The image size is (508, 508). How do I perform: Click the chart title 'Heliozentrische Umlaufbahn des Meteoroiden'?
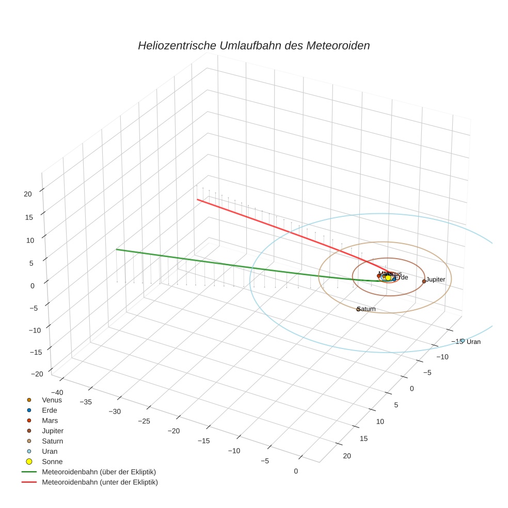point(253,45)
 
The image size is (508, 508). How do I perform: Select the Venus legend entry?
point(52,400)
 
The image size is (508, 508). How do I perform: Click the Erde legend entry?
point(49,410)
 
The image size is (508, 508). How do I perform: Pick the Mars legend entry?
point(50,420)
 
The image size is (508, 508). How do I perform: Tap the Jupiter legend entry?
point(53,431)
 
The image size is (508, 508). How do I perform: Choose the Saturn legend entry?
point(52,441)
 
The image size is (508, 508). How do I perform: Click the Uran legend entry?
point(49,451)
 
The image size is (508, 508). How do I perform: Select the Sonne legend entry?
point(52,462)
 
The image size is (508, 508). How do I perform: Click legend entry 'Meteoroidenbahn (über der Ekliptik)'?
point(99,472)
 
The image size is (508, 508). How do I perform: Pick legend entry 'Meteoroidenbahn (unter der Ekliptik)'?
point(100,482)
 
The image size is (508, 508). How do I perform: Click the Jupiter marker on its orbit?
point(424,281)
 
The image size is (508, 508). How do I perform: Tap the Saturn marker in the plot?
point(358,309)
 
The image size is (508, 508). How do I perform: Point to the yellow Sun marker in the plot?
point(388,278)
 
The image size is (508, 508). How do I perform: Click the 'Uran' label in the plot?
point(473,342)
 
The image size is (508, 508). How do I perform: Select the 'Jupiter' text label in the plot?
point(436,279)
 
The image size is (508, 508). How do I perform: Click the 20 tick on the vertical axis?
point(28,194)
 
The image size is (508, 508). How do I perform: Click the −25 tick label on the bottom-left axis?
point(145,421)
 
